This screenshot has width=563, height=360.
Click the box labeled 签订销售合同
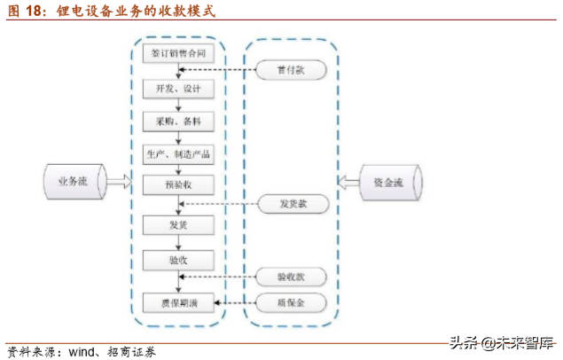pyautogui.click(x=178, y=53)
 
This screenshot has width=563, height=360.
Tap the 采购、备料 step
pyautogui.click(x=178, y=121)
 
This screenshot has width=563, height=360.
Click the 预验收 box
pyautogui.click(x=178, y=185)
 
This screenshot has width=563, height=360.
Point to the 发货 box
pyautogui.click(x=178, y=225)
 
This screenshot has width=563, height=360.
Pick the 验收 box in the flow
pyautogui.click(x=178, y=260)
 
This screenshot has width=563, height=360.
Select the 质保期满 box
pyautogui.click(x=178, y=304)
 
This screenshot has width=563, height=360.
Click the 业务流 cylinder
pyautogui.click(x=73, y=182)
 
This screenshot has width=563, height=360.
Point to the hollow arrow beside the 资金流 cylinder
pyautogui.click(x=348, y=182)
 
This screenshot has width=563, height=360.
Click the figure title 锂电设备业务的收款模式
pyautogui.click(x=134, y=12)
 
